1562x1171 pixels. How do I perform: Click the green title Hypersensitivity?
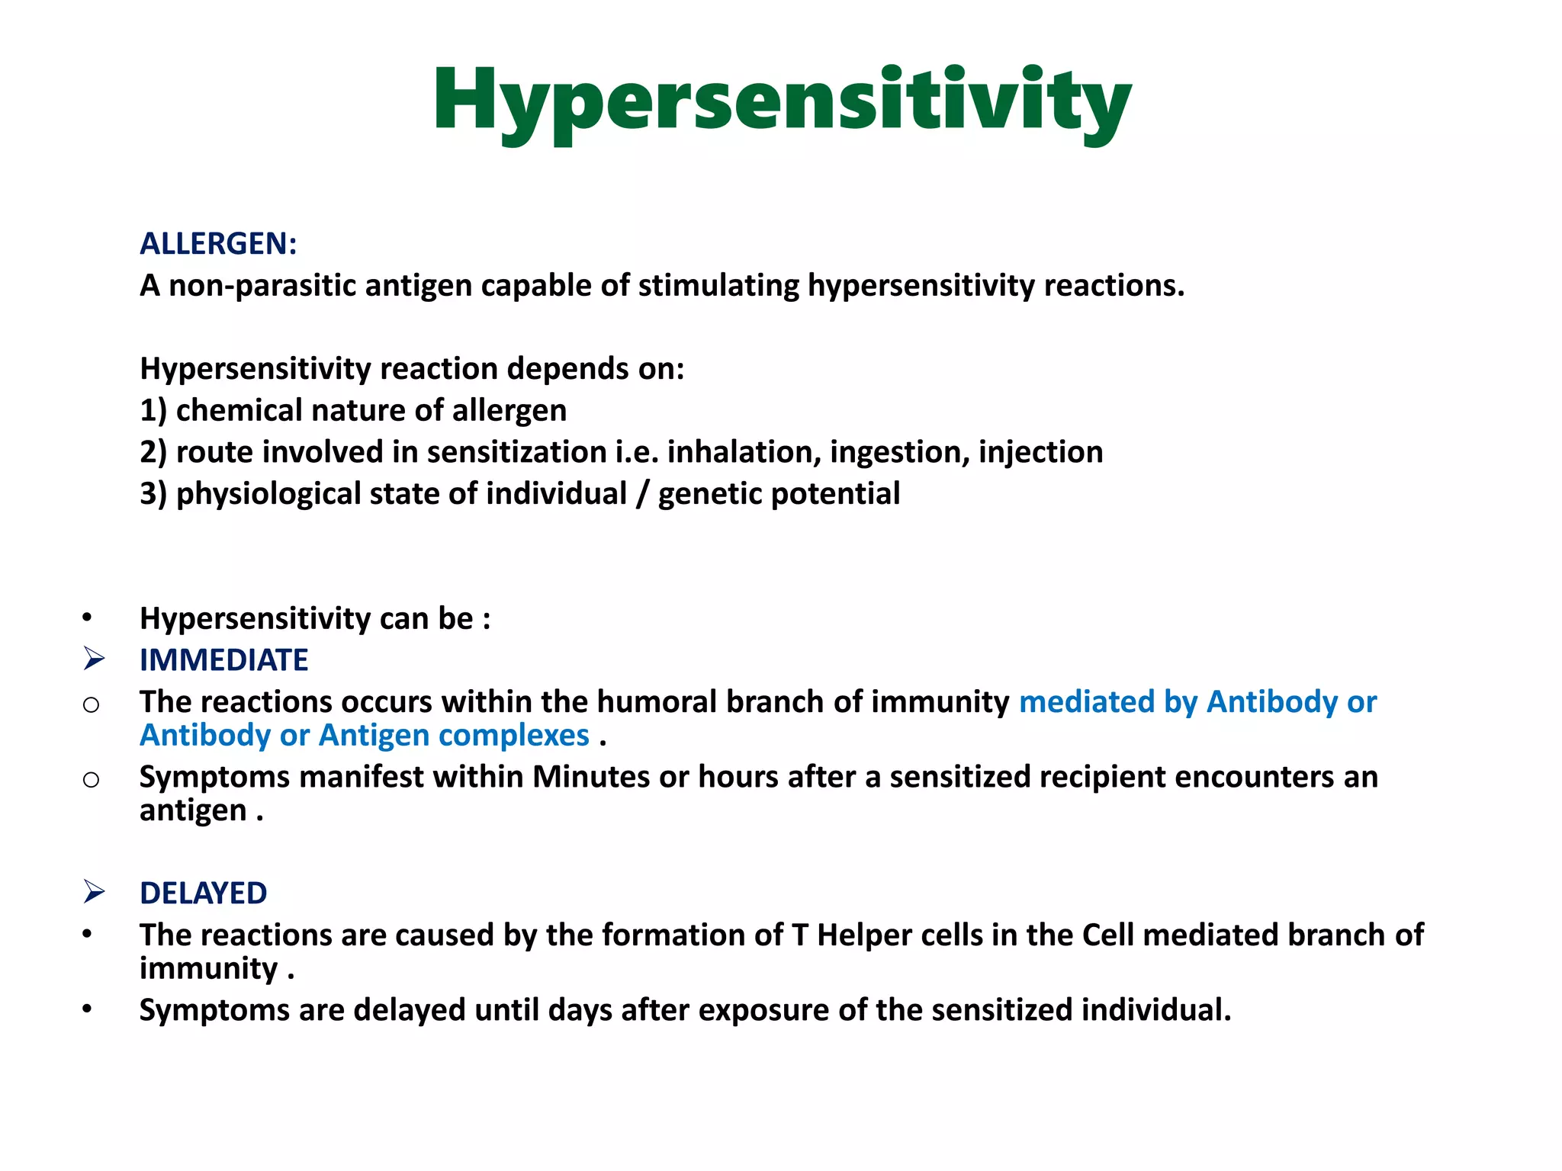[781, 103]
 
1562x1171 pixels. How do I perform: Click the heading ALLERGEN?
[218, 244]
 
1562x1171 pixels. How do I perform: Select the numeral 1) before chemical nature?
[153, 411]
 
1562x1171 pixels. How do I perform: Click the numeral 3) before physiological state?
[153, 494]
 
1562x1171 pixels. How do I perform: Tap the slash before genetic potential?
[642, 494]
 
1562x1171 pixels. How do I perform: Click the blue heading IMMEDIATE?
[223, 660]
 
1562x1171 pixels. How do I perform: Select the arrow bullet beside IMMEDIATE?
[94, 659]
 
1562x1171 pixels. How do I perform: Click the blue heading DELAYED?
[203, 893]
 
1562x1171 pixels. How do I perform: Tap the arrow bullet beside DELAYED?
[94, 891]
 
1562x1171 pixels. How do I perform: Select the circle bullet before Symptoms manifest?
[91, 779]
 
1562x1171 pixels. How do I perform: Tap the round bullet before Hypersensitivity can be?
[88, 618]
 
